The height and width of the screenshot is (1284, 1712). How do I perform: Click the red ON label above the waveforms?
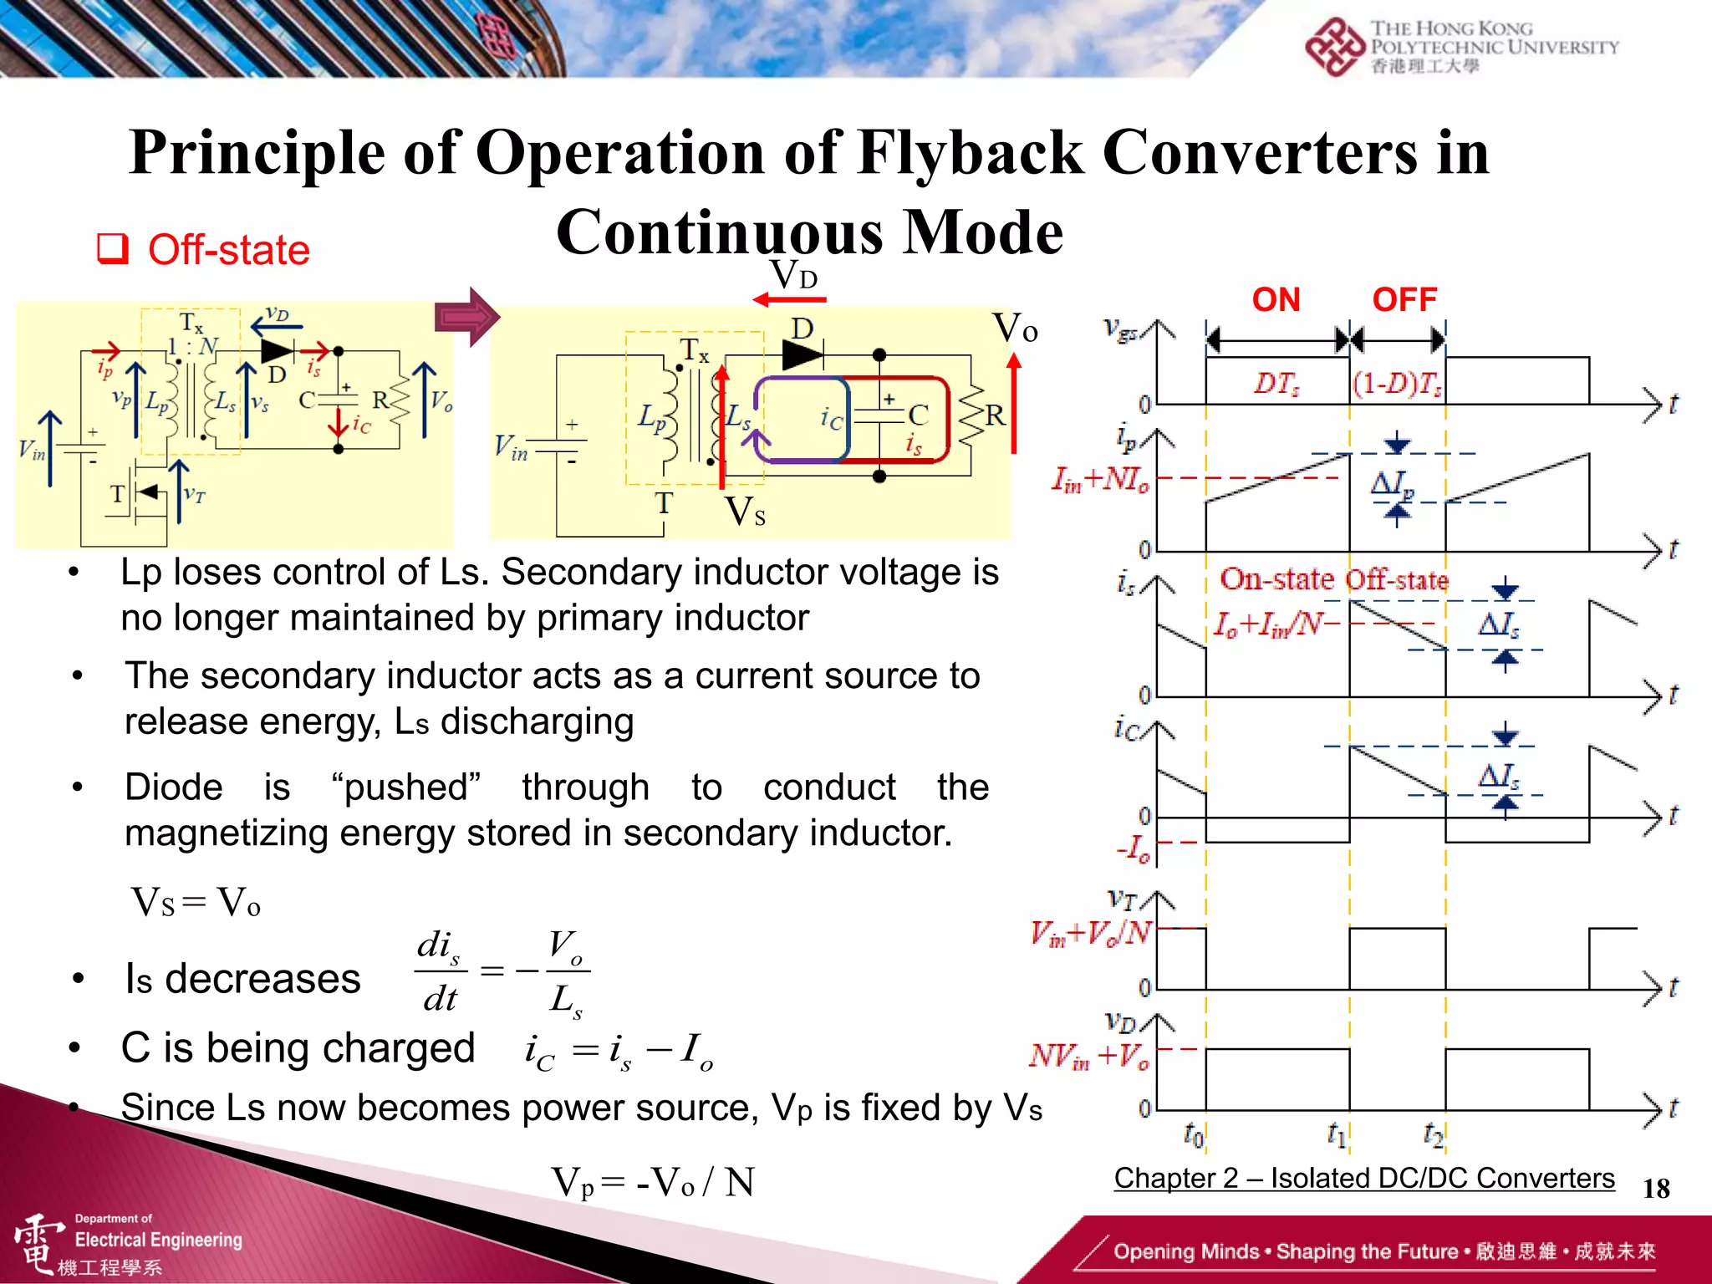[1276, 300]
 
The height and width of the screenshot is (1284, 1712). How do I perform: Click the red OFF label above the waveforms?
[1404, 300]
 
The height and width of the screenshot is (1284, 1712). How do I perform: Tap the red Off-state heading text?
[228, 250]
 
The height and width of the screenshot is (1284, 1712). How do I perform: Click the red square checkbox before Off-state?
[113, 249]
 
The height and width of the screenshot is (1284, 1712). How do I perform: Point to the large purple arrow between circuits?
[467, 317]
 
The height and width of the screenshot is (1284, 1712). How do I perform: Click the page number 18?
[1655, 1188]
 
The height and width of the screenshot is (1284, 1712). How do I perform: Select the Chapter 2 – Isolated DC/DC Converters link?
[1363, 1178]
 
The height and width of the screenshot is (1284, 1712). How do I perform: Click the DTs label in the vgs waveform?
[1276, 384]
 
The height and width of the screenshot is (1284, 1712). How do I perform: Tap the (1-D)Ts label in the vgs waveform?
[1398, 384]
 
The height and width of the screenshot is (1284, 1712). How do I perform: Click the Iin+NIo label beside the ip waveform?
[1100, 480]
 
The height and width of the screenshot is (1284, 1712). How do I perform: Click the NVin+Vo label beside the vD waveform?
[1089, 1056]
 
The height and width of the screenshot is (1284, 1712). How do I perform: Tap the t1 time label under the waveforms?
[1337, 1134]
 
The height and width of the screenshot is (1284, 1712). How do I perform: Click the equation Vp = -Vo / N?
[653, 1182]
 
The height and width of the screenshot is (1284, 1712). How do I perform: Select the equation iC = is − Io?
[619, 1050]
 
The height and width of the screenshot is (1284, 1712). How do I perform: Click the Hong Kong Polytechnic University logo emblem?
[1335, 48]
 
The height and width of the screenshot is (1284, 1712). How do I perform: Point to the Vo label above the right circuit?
[1014, 328]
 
